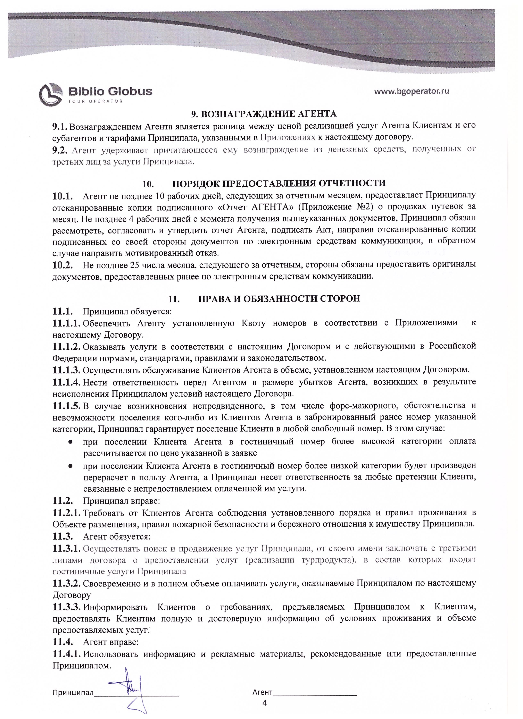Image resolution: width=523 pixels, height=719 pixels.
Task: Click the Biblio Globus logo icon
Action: (51, 94)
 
